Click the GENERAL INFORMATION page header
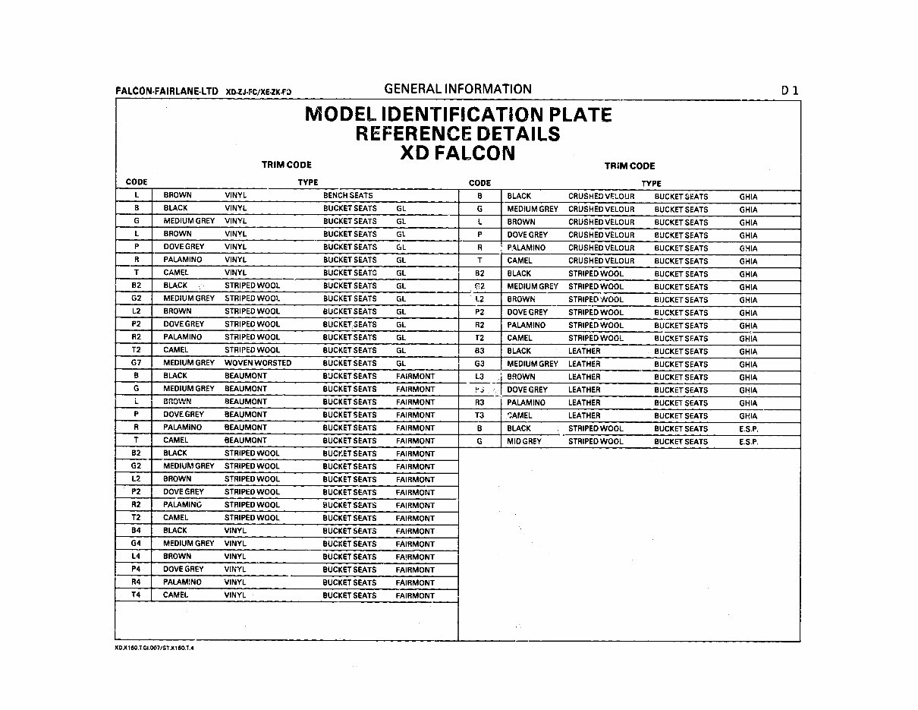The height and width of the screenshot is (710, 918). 457,89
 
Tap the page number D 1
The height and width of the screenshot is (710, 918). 790,90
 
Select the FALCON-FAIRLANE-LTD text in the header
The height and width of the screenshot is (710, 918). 165,91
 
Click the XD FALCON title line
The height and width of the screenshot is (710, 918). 457,153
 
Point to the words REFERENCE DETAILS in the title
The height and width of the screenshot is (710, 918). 457,134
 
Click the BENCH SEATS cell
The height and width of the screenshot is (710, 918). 347,195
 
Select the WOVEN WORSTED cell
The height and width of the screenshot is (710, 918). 257,363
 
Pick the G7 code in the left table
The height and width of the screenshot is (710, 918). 137,363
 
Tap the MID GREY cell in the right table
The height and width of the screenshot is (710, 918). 524,441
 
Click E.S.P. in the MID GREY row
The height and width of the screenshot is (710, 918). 748,441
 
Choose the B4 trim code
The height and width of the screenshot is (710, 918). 137,531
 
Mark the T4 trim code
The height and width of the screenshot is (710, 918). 137,595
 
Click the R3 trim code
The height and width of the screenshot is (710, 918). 479,402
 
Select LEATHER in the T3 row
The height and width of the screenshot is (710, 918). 583,415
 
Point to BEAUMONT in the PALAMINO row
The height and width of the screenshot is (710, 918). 245,428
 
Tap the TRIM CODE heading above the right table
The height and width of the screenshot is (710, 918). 629,166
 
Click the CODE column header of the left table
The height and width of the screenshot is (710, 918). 137,182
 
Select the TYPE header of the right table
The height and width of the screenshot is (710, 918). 651,183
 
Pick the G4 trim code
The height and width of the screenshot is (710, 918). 137,544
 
